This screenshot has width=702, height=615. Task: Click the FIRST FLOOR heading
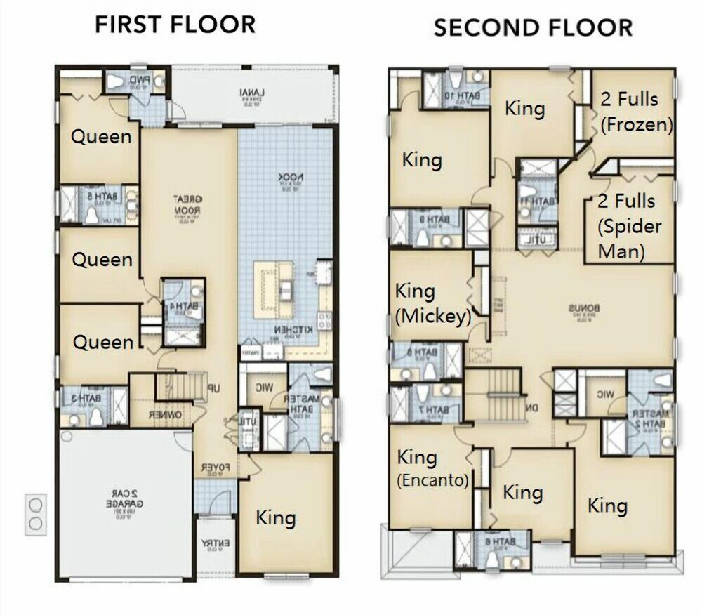pos(175,25)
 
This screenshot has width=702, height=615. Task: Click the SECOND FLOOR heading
pos(533,27)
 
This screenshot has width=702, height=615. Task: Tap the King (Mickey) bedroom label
pos(432,303)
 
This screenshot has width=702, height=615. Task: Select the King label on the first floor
pos(275,518)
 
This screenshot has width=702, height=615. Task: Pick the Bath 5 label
pos(91,197)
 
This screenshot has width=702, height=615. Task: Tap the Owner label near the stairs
pos(166,415)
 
